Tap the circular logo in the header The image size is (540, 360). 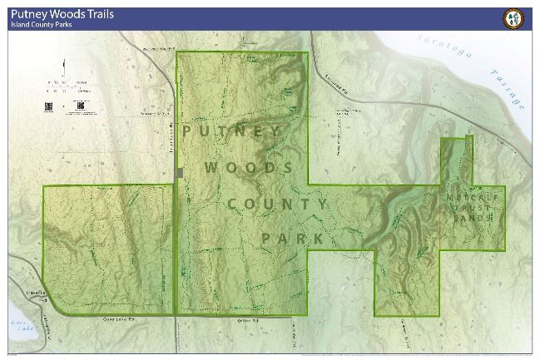click(x=513, y=18)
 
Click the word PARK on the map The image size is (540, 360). click(x=292, y=239)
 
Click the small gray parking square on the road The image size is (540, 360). click(x=180, y=173)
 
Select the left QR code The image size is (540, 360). click(x=48, y=106)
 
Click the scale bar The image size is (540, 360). click(x=67, y=83)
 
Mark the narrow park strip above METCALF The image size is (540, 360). click(x=456, y=158)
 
